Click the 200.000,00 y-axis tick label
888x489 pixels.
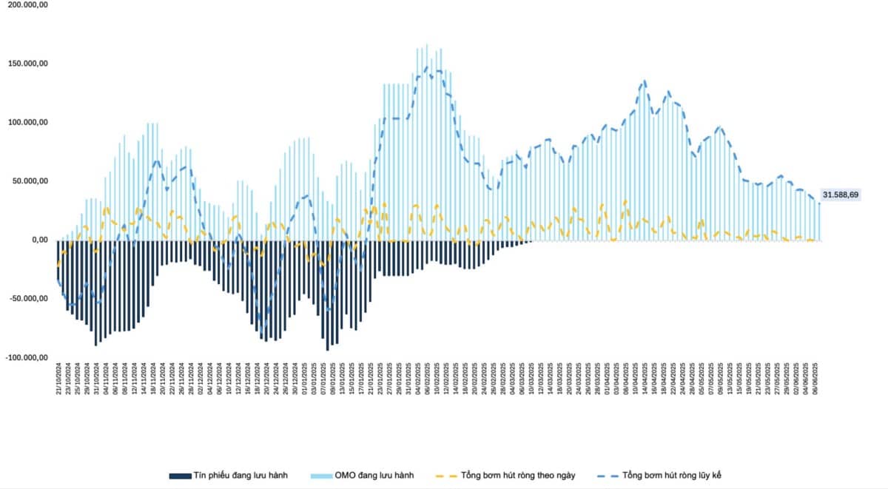coord(28,5)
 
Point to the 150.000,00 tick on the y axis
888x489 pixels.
coord(28,64)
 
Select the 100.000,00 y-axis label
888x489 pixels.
coord(28,122)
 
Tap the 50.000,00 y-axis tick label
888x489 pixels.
coord(30,181)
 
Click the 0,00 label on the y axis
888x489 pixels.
coord(38,240)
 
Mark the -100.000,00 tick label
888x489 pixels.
coord(27,357)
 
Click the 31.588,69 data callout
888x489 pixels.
coord(840,195)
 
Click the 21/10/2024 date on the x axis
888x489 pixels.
coord(58,379)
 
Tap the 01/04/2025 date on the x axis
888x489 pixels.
coord(608,379)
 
